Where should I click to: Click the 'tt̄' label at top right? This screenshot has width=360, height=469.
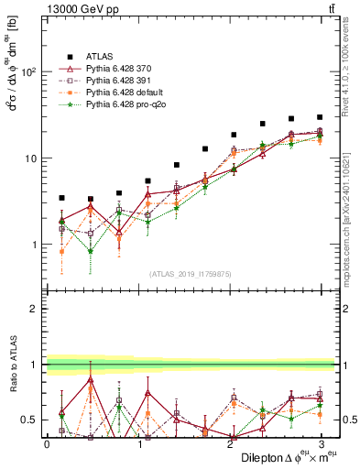pos(329,10)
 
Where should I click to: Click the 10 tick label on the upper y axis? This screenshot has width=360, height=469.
pos(31,158)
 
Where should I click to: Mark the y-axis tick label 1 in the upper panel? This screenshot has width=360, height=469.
pos(35,245)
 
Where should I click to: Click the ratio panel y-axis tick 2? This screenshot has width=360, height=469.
pos(35,310)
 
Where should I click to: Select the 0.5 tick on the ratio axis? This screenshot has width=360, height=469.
pos(30,420)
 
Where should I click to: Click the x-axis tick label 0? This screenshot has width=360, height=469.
pos(47,443)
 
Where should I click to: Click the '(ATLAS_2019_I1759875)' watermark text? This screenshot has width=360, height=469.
pos(191,272)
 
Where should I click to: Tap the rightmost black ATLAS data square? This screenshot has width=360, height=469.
pos(319,117)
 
